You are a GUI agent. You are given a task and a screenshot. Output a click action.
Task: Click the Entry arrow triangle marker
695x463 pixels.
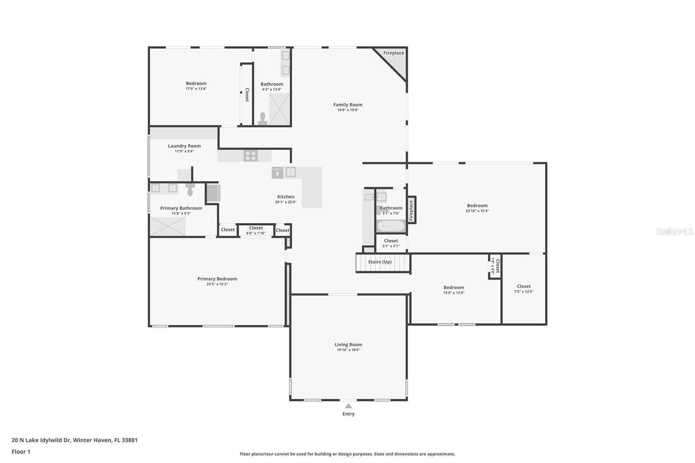[348, 406]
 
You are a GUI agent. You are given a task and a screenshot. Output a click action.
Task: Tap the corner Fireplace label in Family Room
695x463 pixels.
[394, 53]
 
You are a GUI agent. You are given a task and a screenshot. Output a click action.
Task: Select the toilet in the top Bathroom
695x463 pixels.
[262, 119]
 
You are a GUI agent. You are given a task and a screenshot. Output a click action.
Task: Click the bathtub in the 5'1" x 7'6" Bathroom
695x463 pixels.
[390, 226]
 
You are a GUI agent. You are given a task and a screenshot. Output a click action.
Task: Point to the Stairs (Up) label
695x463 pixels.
[380, 262]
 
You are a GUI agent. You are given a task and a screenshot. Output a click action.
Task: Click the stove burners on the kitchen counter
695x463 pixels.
[251, 155]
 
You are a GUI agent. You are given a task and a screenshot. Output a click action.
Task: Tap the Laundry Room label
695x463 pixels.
[184, 146]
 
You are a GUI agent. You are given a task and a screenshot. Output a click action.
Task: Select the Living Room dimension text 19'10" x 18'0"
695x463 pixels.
[348, 350]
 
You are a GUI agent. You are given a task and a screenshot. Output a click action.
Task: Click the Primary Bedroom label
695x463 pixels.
[217, 279]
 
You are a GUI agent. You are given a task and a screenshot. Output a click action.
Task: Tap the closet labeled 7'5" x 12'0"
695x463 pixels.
[523, 289]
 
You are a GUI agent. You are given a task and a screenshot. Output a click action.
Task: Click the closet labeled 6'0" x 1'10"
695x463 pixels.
[256, 230]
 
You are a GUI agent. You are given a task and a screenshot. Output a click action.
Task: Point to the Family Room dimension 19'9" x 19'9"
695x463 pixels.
[347, 110]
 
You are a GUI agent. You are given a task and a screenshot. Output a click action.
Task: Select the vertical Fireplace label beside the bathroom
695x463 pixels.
[411, 210]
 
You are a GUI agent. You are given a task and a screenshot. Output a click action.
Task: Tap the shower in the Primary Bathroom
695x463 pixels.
[168, 226]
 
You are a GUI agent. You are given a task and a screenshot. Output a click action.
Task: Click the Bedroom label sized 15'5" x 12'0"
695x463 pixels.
[453, 288]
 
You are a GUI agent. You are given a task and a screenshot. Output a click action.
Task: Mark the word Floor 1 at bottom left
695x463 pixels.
[21, 452]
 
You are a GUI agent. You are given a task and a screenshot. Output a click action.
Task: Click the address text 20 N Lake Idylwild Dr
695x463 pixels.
[41, 440]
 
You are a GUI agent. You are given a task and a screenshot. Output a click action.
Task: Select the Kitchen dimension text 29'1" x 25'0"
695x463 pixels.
[285, 202]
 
